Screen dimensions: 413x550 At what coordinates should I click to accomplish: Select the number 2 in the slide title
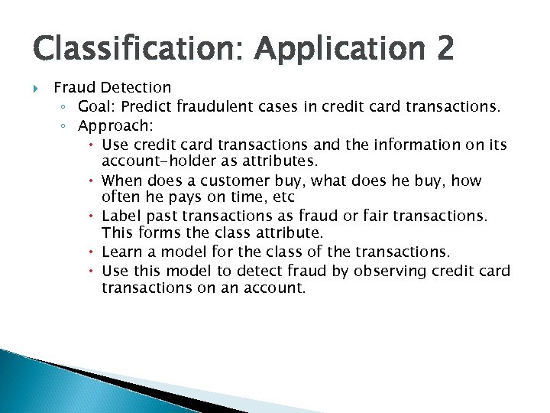[x=445, y=50]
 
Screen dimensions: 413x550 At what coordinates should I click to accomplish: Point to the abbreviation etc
[x=282, y=197]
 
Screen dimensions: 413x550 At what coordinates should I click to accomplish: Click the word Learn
[x=120, y=252]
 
